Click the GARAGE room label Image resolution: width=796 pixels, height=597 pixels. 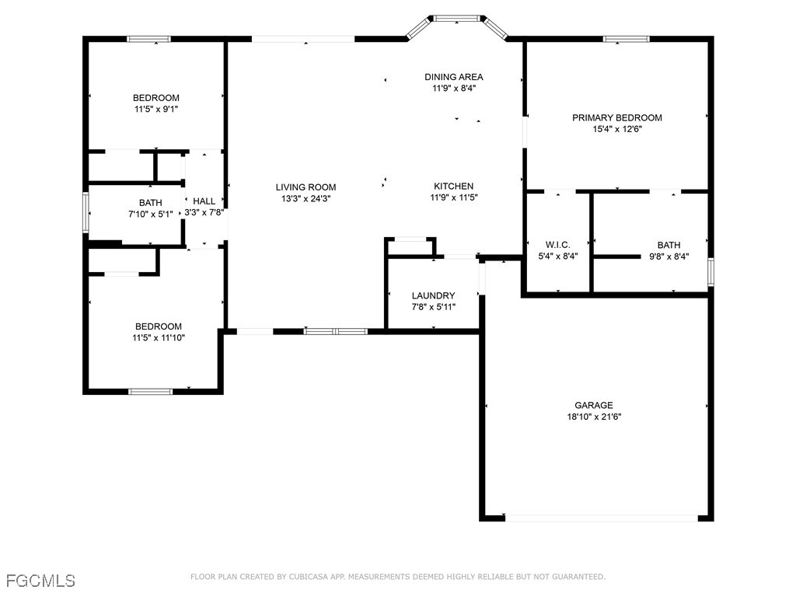click(x=593, y=405)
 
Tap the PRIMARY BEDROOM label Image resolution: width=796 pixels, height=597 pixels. click(x=616, y=118)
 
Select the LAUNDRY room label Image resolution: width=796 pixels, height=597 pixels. click(x=433, y=295)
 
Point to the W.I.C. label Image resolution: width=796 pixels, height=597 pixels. click(x=558, y=245)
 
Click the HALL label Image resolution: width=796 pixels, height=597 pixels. click(x=204, y=201)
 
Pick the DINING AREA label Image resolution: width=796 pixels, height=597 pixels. click(x=454, y=77)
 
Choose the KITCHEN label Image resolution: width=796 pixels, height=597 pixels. click(x=453, y=186)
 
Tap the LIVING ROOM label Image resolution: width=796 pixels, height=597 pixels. click(x=305, y=187)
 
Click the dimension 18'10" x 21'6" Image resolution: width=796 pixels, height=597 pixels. click(x=594, y=417)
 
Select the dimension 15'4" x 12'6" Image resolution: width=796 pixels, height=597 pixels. click(x=617, y=129)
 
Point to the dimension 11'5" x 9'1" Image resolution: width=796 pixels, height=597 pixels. click(x=156, y=109)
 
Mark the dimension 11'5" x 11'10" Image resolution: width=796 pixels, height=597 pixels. click(x=159, y=337)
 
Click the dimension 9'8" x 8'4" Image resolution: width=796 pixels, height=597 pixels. click(x=669, y=257)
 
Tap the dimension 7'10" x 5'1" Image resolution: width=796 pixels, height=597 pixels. click(x=151, y=215)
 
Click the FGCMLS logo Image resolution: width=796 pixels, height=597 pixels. click(x=40, y=580)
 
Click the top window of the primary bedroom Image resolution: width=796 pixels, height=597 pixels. click(x=626, y=39)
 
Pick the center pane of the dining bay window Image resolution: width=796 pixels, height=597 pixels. click(x=456, y=19)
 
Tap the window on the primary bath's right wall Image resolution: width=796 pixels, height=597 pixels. click(x=710, y=272)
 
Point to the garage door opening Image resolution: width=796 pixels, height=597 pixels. click(x=602, y=518)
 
